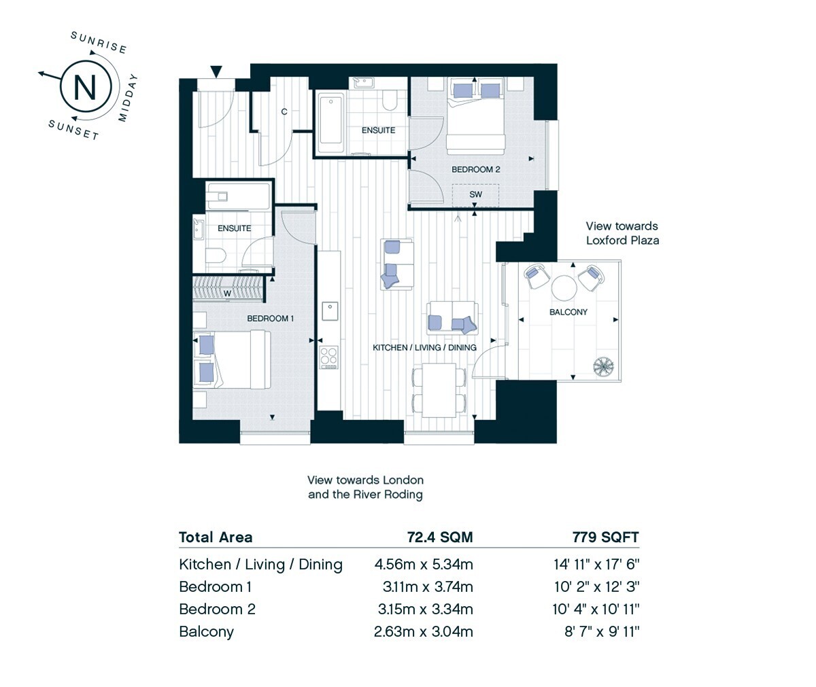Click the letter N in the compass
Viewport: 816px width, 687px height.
[85, 86]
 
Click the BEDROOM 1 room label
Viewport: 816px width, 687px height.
[270, 319]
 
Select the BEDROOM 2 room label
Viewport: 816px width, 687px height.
[475, 169]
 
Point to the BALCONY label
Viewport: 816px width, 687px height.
[568, 312]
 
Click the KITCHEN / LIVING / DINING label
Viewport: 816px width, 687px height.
[424, 348]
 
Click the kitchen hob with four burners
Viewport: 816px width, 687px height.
[329, 357]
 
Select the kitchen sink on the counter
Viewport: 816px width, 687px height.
[330, 311]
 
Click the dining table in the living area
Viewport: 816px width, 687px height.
[439, 390]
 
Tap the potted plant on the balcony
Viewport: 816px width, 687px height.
[603, 367]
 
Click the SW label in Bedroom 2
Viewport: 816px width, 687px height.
[475, 194]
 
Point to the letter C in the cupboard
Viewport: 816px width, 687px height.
[284, 111]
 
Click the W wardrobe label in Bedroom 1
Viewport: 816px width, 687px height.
[227, 293]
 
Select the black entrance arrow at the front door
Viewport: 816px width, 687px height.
[216, 71]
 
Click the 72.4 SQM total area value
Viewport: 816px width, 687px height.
[440, 538]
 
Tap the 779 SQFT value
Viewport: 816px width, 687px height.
[606, 538]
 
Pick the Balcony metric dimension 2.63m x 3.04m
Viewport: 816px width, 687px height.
[423, 631]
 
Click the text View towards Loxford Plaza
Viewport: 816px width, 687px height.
[622, 233]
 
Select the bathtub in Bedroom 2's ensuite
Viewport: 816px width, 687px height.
[330, 122]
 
